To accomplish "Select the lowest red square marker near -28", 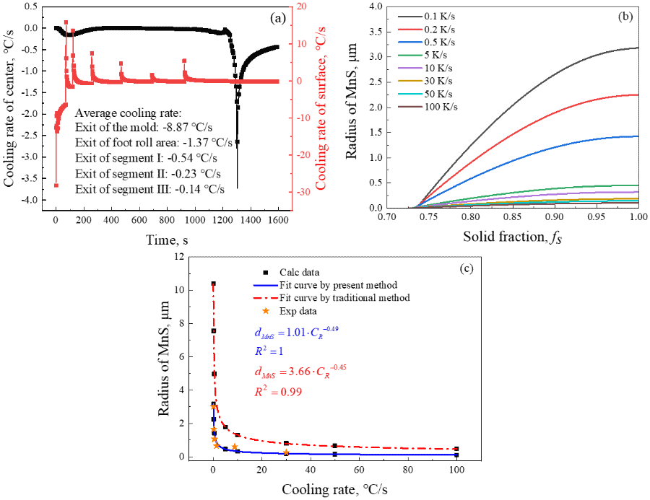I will [56, 185].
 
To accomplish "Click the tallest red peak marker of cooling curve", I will [66, 22].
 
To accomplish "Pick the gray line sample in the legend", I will [409, 16].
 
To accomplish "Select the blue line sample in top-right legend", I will [409, 42].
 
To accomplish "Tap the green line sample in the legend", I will [409, 55].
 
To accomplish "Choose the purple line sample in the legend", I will [409, 68].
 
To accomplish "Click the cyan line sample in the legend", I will [409, 94].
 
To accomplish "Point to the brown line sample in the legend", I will [409, 107].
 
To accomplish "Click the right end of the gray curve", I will [638, 48].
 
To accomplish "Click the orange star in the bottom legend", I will [266, 311].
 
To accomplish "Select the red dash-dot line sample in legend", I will [265, 298].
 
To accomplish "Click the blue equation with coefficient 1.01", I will [296, 332].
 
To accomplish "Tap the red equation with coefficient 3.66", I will [300, 371].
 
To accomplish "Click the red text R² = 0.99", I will [277, 392].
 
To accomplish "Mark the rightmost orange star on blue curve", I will [286, 452].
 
